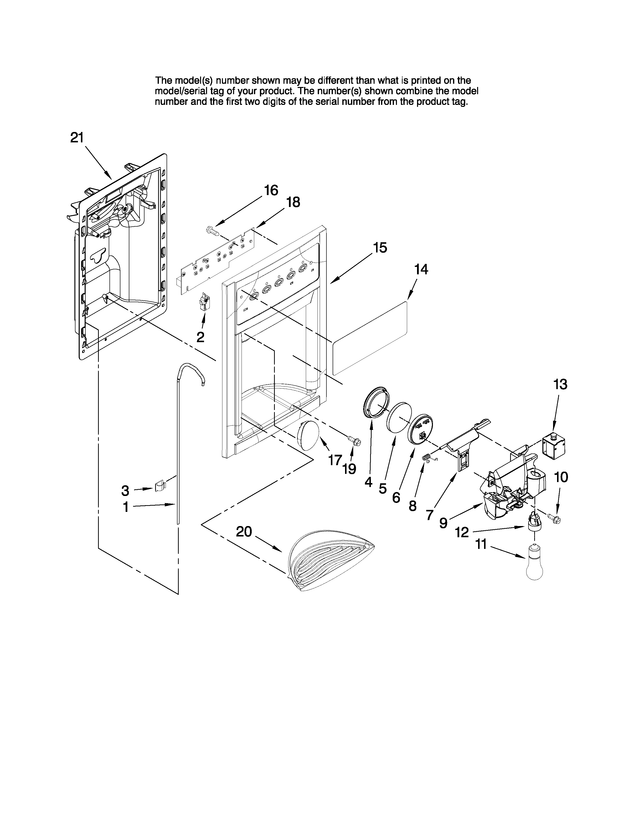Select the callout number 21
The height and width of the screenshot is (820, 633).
77,138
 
